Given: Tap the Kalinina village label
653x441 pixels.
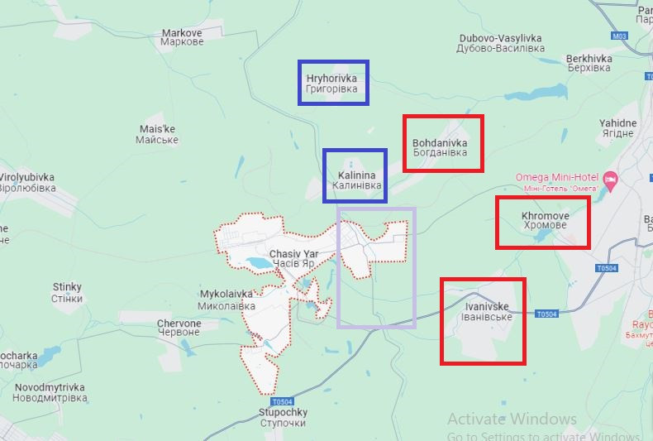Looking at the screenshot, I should pos(356,180).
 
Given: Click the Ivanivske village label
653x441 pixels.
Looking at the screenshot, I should pos(486,312).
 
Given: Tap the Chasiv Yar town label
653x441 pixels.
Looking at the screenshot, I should pos(293,258).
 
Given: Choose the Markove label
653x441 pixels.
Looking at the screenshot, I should pos(182,37).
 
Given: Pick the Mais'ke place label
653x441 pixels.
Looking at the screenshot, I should pos(157,134).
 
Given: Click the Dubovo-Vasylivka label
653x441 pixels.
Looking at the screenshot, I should pos(500,43).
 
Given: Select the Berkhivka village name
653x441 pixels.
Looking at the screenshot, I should pos(589,63).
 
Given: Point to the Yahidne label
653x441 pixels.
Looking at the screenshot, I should pos(617,128).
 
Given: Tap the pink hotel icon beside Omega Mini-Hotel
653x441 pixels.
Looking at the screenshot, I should pos(610,179).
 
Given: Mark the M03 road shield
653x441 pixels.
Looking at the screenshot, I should pos(620,36).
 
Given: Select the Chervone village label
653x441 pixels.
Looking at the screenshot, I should pos(179,328).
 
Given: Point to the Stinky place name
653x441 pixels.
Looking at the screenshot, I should pos(67,293).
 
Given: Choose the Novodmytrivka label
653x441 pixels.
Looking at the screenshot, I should pos(50,392).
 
